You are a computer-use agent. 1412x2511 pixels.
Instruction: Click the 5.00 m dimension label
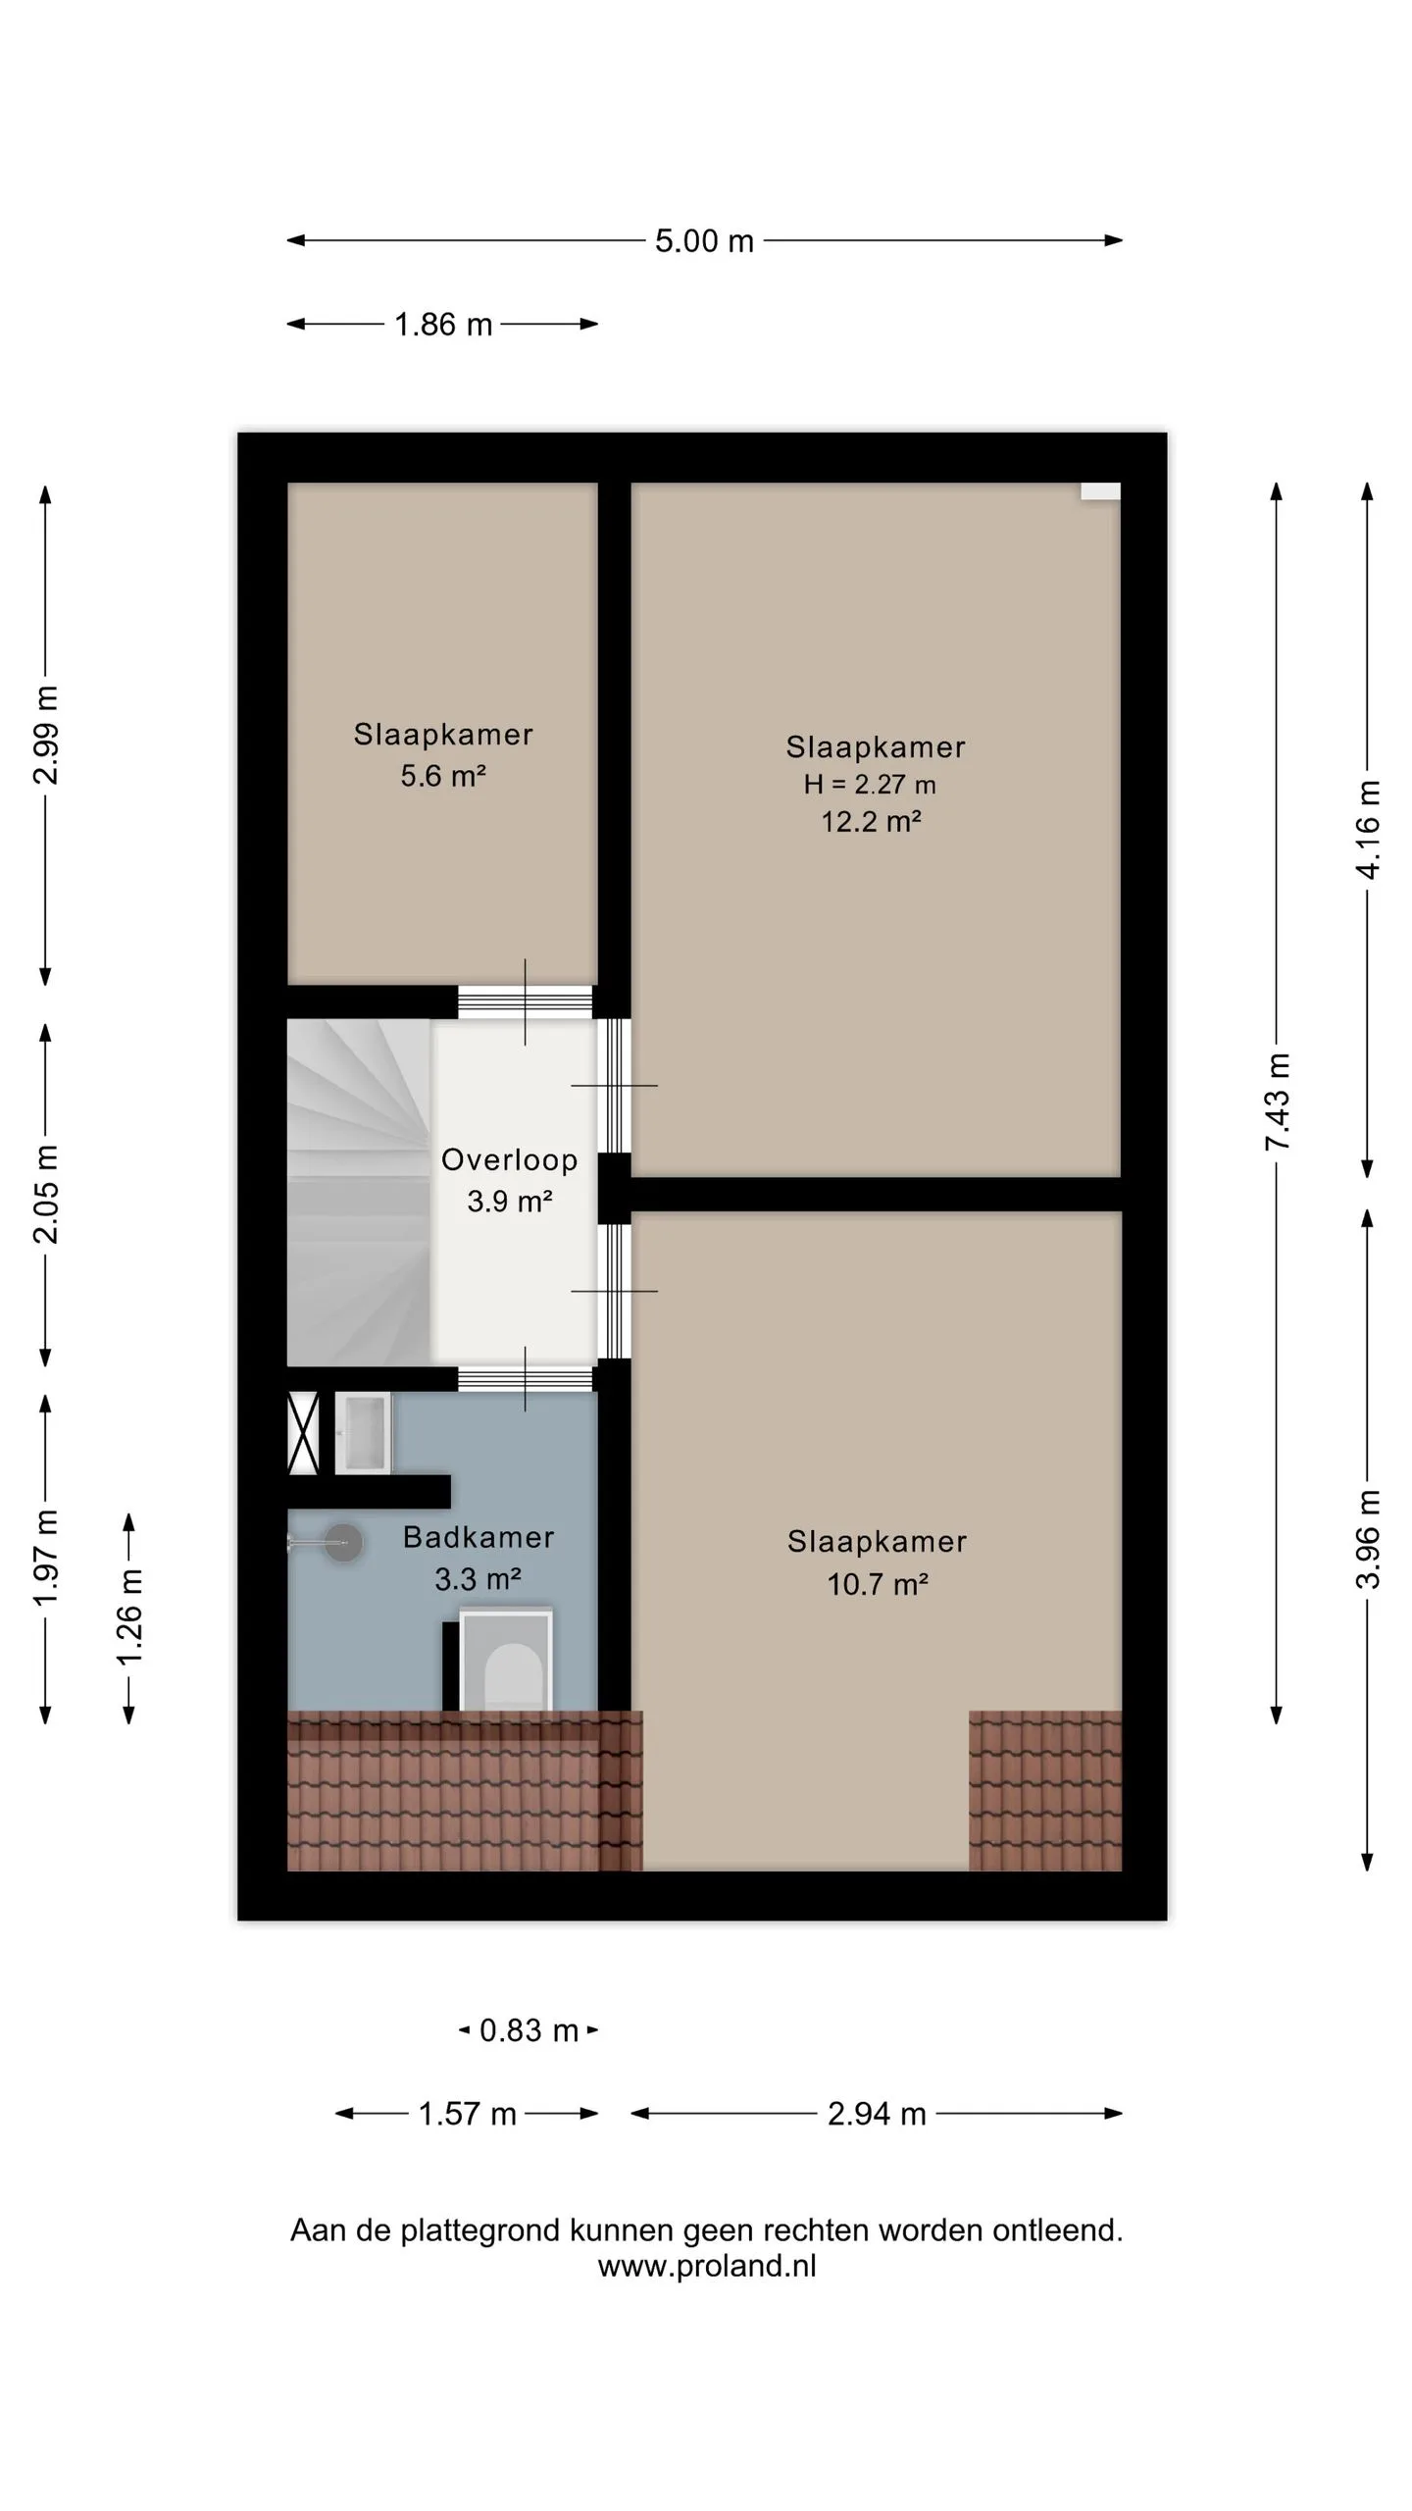(704, 241)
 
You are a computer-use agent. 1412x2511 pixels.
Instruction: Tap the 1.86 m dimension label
(443, 325)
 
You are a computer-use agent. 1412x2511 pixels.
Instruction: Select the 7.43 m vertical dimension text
(1278, 1102)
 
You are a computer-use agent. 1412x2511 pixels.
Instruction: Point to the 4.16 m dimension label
(1368, 830)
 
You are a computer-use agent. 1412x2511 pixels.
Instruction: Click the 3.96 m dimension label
(1368, 1538)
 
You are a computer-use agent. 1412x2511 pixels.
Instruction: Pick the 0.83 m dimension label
(529, 2030)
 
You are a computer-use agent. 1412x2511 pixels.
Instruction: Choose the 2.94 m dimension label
(877, 2114)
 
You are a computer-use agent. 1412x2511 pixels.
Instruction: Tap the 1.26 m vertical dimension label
(129, 1616)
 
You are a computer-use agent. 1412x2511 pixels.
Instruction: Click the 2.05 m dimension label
(46, 1194)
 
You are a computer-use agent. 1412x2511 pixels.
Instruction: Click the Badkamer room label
(479, 1537)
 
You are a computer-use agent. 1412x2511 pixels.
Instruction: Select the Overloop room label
(509, 1159)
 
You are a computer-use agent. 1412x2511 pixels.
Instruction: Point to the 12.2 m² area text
(871, 821)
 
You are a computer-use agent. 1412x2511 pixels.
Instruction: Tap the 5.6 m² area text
(443, 776)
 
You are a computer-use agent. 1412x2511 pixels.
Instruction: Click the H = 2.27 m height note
(870, 785)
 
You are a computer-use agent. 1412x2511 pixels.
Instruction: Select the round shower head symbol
(343, 1543)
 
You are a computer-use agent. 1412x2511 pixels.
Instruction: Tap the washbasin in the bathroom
(364, 1433)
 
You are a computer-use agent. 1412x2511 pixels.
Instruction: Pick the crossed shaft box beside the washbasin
(303, 1433)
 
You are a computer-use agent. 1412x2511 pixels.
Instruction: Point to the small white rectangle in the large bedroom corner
(1100, 492)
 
